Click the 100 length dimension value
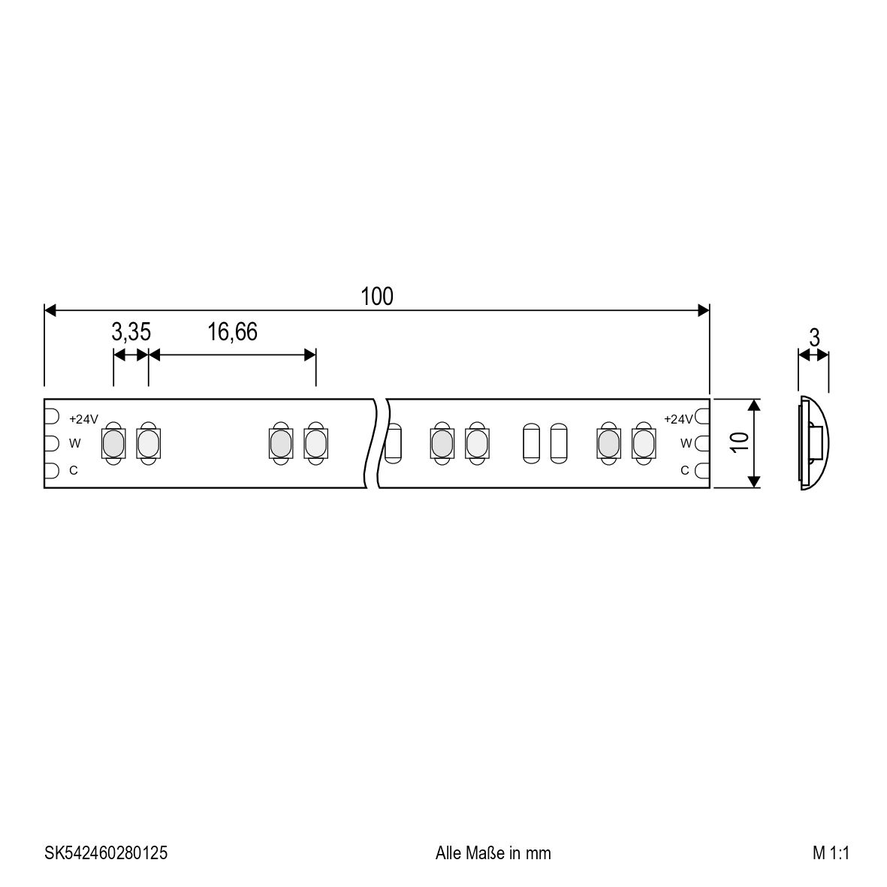[x=377, y=297]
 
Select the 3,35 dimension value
[x=131, y=332]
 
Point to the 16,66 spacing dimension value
[x=232, y=332]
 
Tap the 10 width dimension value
[x=739, y=442]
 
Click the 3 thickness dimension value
[x=814, y=338]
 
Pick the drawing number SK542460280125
[x=106, y=852]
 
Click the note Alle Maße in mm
[x=493, y=852]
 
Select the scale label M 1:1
[x=831, y=852]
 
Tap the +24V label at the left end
[x=83, y=419]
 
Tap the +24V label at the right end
[x=678, y=419]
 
